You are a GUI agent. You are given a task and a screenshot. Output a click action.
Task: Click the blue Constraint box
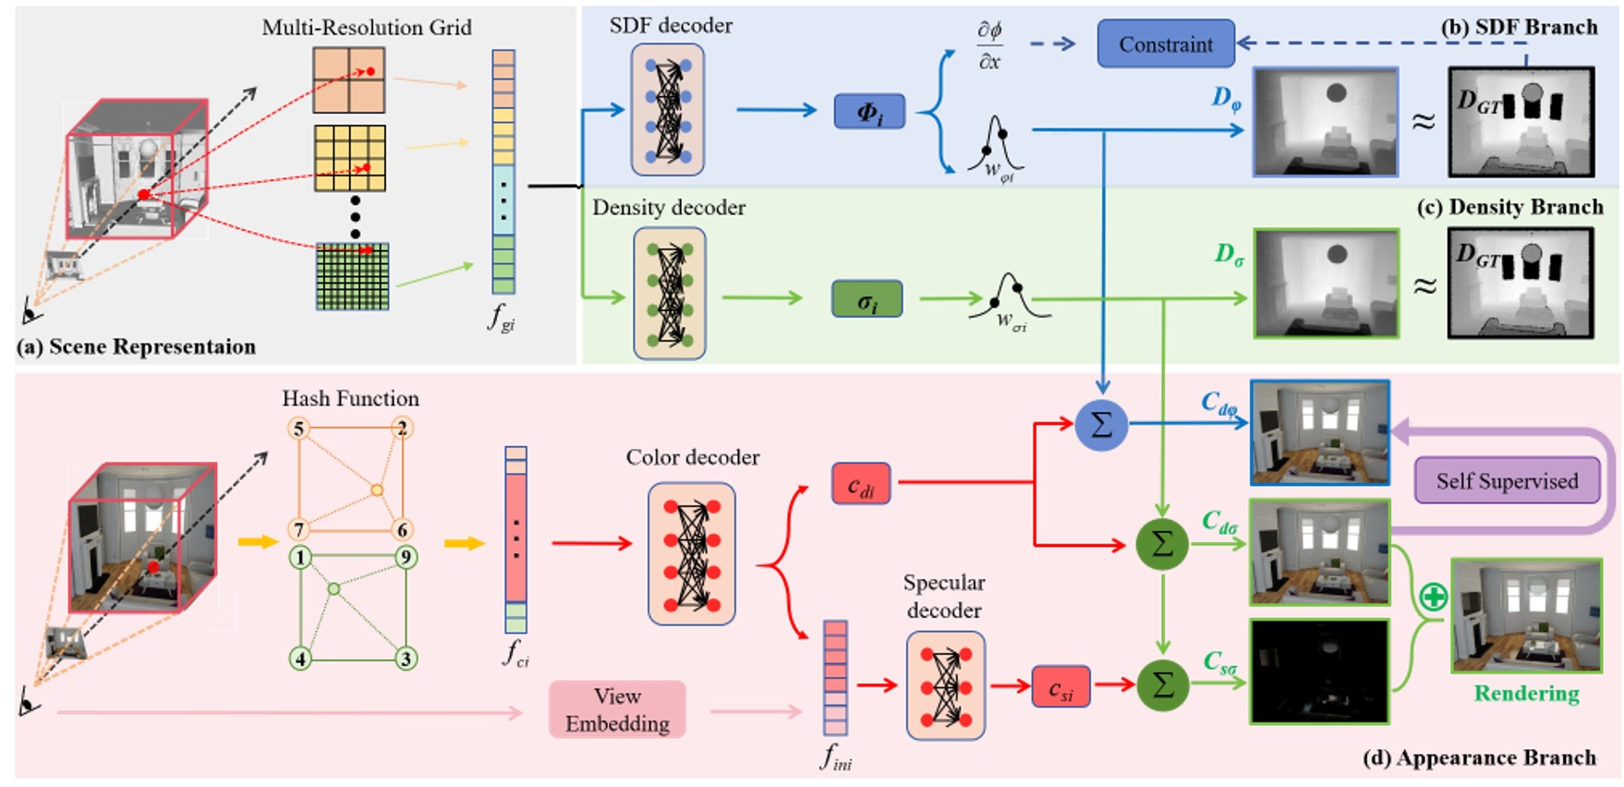(1166, 43)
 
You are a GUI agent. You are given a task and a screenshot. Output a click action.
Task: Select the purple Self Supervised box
(1507, 480)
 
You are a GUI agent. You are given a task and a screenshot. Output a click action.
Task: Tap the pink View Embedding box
(617, 709)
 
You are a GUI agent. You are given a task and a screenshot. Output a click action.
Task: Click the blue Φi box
(869, 112)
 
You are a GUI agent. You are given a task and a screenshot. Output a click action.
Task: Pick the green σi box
(867, 300)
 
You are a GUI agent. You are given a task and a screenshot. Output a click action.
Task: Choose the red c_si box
(1060, 687)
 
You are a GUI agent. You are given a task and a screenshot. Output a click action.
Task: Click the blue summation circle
(1101, 424)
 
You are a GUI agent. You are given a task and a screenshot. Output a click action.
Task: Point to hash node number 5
(298, 429)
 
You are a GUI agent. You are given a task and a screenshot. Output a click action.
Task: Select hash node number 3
(405, 659)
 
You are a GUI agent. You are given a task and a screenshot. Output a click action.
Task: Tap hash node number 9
(405, 557)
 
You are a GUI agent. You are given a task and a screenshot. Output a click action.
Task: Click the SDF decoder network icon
(667, 110)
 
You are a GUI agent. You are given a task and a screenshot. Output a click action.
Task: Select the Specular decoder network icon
(945, 685)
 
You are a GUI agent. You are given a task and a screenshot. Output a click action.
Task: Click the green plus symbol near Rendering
(1433, 598)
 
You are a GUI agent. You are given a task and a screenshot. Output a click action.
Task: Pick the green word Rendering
(1526, 693)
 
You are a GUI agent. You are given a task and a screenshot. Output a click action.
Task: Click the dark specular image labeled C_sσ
(1319, 671)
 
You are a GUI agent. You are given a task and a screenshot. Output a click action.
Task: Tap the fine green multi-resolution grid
(352, 276)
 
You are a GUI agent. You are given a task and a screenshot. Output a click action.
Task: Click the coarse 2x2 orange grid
(348, 80)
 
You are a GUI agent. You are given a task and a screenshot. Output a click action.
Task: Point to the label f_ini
(836, 758)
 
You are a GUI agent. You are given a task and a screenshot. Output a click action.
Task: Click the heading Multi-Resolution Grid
(367, 27)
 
